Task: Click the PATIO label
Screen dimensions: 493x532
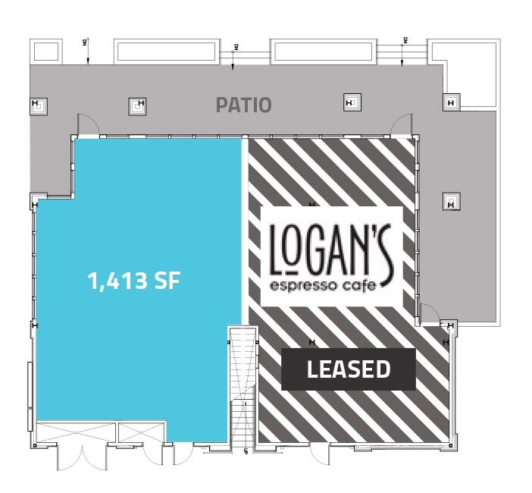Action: (x=243, y=104)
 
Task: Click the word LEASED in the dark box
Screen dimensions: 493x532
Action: (x=349, y=369)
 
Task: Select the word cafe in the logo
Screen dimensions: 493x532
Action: (x=362, y=285)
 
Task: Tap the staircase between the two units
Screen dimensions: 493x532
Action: (x=243, y=384)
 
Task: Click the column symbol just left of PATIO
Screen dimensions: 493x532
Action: (x=137, y=105)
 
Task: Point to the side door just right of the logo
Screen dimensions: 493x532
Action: (x=427, y=312)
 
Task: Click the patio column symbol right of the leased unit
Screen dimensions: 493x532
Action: (x=451, y=202)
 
